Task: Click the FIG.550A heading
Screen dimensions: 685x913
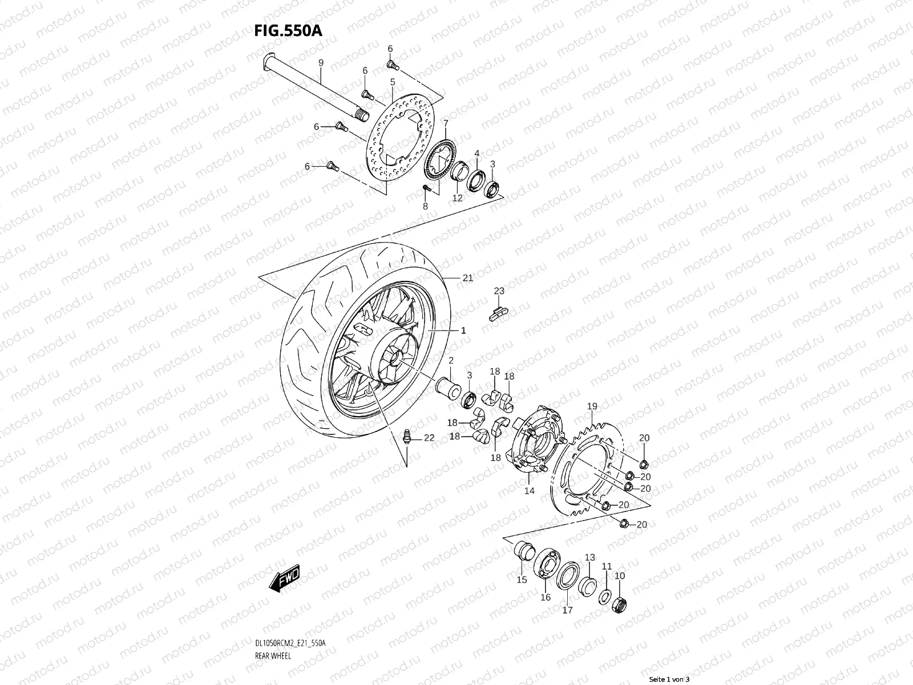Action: (288, 31)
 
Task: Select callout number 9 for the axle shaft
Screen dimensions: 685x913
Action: (321, 62)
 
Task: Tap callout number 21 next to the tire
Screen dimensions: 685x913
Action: (468, 279)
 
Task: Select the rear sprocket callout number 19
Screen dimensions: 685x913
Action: (592, 406)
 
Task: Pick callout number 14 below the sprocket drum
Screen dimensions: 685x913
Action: (530, 490)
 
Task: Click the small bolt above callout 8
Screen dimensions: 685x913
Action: (425, 188)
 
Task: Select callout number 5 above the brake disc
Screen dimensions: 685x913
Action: (393, 83)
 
